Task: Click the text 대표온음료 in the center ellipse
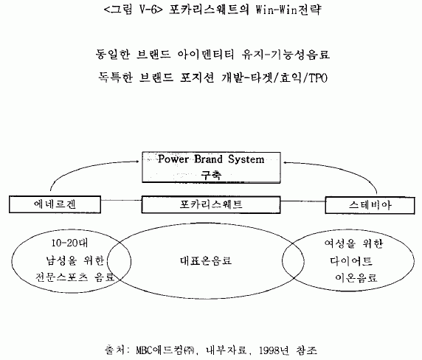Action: pos(206,260)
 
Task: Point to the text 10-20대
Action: pos(69,243)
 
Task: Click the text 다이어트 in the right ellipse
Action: pos(351,260)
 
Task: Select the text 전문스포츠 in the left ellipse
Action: pos(62,277)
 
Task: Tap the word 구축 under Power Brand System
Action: pos(211,175)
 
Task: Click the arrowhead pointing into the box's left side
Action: pos(137,162)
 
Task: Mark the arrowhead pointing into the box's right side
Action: pos(286,162)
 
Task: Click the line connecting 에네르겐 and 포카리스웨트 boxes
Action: pos(122,201)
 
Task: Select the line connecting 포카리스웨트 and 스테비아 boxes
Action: pos(302,201)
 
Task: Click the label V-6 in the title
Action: pos(148,10)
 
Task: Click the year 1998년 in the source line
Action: pos(274,350)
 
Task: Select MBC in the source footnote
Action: pos(144,350)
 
